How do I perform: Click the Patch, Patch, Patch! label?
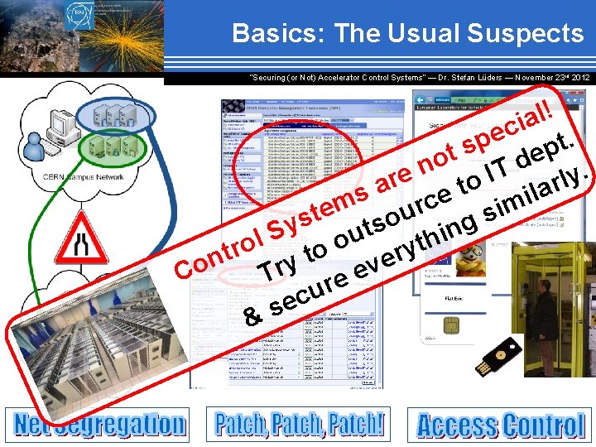point(300,423)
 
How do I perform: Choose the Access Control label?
point(501,426)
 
